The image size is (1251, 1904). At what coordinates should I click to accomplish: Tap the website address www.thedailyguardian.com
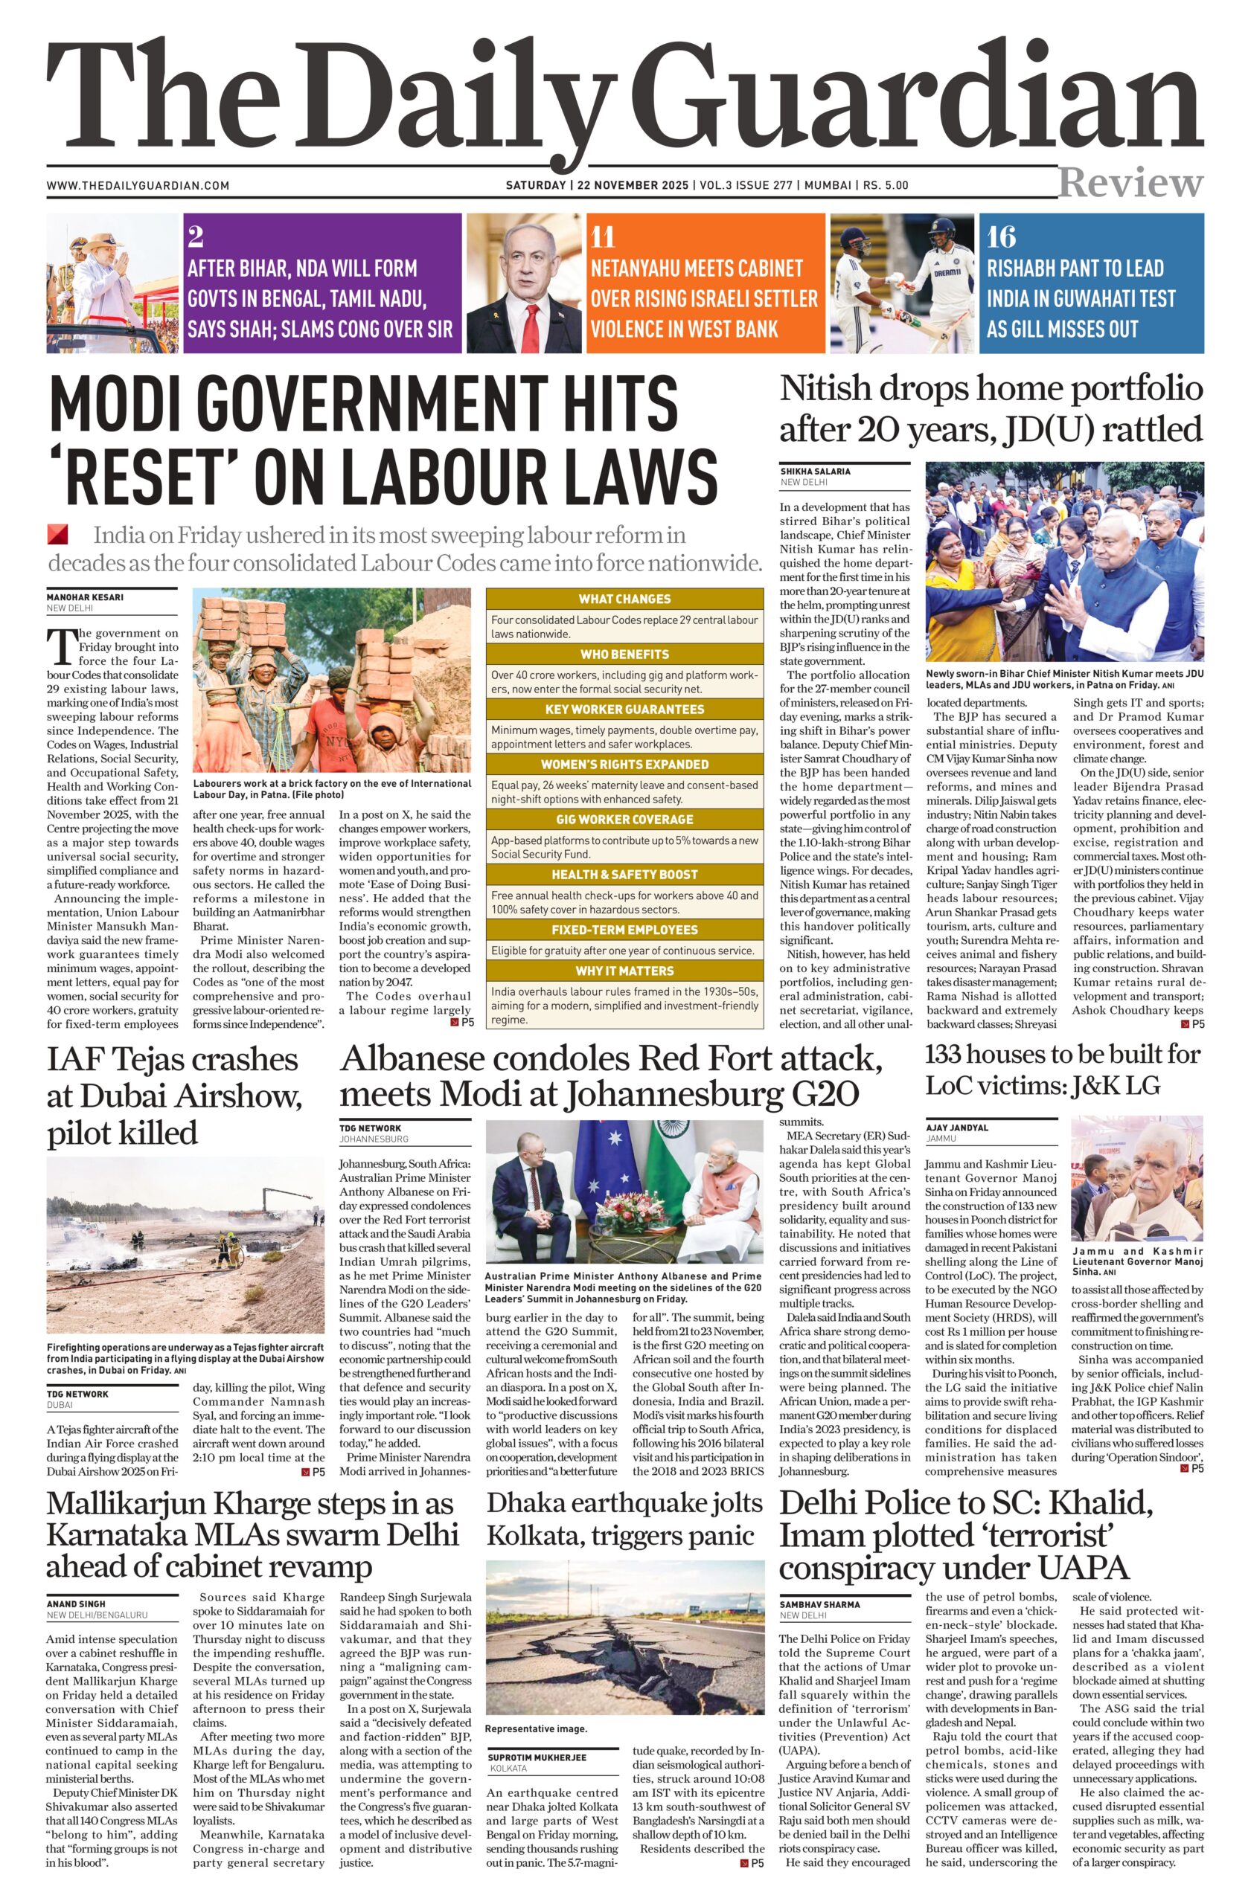pyautogui.click(x=138, y=186)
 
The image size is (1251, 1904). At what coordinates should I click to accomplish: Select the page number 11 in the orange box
pyautogui.click(x=603, y=237)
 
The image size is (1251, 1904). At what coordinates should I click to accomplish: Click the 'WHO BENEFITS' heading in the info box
pyautogui.click(x=624, y=654)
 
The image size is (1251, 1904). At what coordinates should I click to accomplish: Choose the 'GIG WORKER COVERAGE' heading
pyautogui.click(x=624, y=819)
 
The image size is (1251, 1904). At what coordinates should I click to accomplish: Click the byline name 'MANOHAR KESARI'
pyautogui.click(x=86, y=596)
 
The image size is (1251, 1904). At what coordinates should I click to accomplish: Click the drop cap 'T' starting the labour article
pyautogui.click(x=61, y=647)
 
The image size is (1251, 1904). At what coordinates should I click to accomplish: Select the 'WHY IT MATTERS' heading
pyautogui.click(x=624, y=971)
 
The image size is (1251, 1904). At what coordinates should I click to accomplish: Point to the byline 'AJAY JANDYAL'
pyautogui.click(x=957, y=1128)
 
